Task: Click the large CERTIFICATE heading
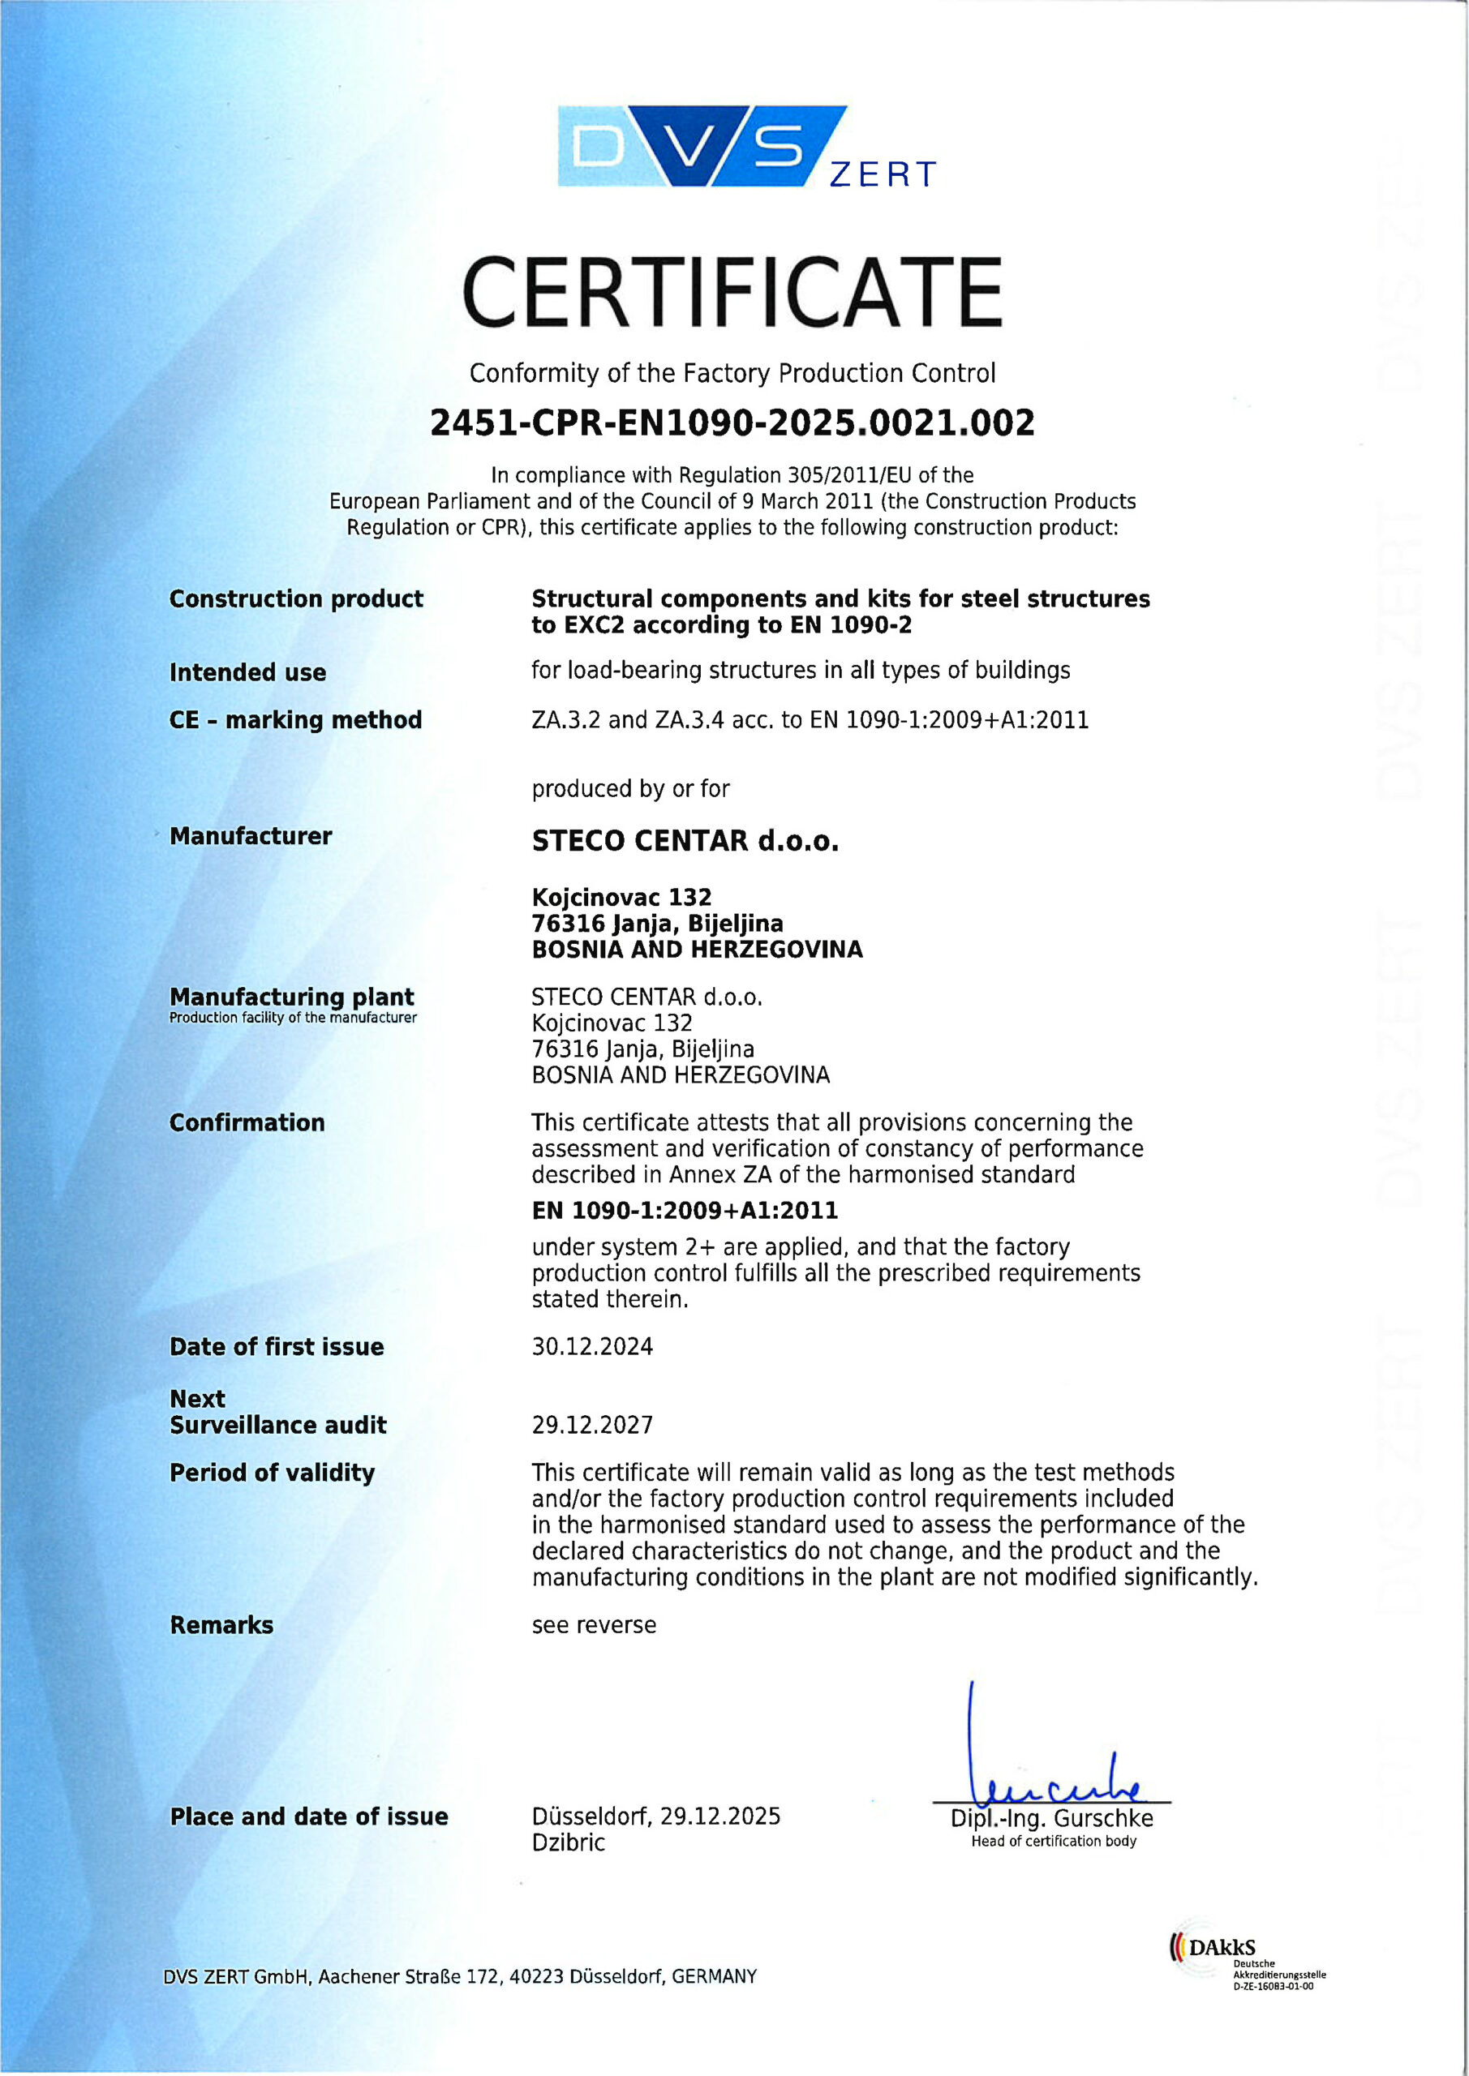pyautogui.click(x=732, y=292)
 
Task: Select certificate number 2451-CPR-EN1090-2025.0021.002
pyautogui.click(x=732, y=423)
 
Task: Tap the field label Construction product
pyautogui.click(x=296, y=598)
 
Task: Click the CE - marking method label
pyautogui.click(x=295, y=720)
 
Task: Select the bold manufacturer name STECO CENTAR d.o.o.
pyautogui.click(x=685, y=841)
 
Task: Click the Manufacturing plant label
pyautogui.click(x=291, y=997)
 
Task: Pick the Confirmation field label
pyautogui.click(x=247, y=1122)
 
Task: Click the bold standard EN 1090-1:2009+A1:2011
pyautogui.click(x=685, y=1210)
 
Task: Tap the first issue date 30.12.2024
pyautogui.click(x=591, y=1346)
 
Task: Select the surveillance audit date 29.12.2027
pyautogui.click(x=591, y=1425)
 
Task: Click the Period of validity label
pyautogui.click(x=272, y=1473)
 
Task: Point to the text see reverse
pyautogui.click(x=594, y=1625)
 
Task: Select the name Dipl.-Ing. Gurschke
pyautogui.click(x=1051, y=1818)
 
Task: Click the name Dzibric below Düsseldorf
pyautogui.click(x=568, y=1842)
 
